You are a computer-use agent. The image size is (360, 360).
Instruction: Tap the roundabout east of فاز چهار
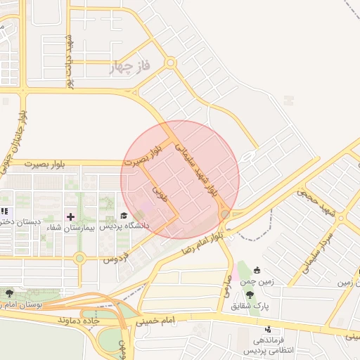point(170,63)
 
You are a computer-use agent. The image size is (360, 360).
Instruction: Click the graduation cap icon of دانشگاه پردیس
point(124,215)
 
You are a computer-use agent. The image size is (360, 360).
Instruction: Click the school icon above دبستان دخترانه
point(4,211)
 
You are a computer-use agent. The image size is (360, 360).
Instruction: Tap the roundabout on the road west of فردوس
point(79,258)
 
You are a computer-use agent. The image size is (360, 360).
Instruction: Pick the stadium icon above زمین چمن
point(257,270)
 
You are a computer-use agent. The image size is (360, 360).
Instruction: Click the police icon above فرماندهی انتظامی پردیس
point(268,328)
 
